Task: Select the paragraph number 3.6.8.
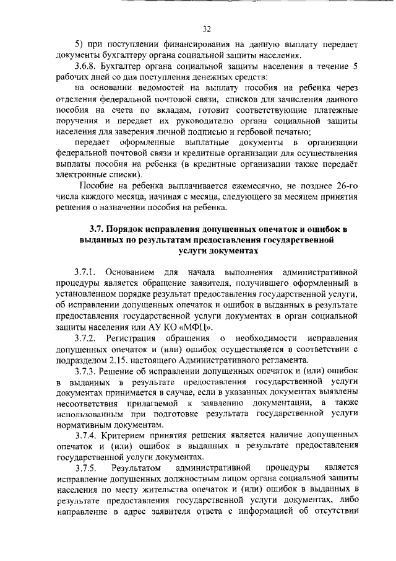(x=87, y=66)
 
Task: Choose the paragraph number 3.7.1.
(x=86, y=273)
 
